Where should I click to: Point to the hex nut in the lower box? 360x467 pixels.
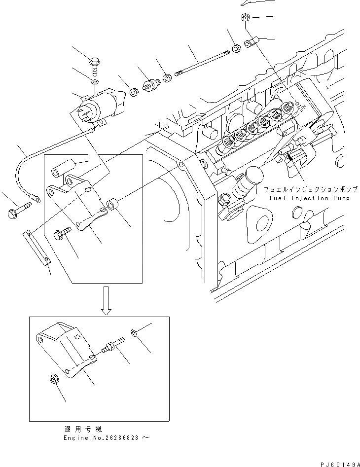(54, 380)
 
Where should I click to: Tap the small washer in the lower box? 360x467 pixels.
(134, 333)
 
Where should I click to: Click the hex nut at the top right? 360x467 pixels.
(245, 19)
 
